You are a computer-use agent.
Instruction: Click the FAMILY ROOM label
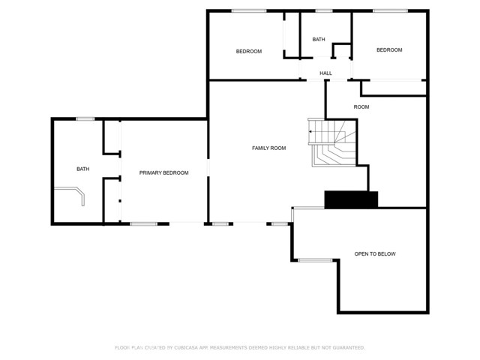tap(268, 148)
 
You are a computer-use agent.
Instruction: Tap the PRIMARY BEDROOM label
tap(163, 173)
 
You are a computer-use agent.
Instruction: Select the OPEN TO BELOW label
tap(375, 254)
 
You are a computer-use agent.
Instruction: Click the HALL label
tap(325, 73)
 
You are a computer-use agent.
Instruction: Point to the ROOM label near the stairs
tap(361, 107)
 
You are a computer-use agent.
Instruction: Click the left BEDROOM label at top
tap(248, 51)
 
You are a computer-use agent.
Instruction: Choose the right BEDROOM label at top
tap(389, 50)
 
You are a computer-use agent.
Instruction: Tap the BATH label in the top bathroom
tap(319, 40)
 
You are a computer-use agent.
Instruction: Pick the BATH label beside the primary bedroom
tap(82, 169)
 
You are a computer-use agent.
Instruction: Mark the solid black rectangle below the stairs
tap(351, 199)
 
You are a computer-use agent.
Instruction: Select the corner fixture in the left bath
tap(77, 197)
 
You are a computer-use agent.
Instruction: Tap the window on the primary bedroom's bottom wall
tap(144, 223)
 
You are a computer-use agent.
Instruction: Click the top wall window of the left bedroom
tap(248, 10)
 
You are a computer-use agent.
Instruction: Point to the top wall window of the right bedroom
tap(389, 10)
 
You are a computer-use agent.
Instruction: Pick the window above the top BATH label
tap(324, 10)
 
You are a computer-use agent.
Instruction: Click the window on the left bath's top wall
tap(85, 118)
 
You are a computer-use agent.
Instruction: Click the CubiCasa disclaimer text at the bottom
tap(240, 348)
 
